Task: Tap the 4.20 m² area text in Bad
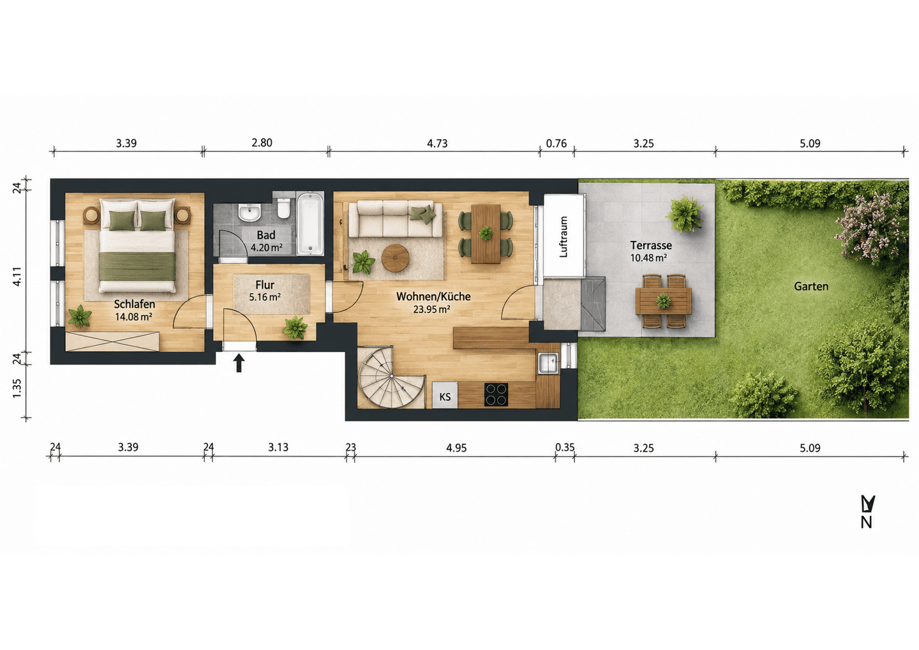click(267, 248)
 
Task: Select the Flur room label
click(265, 285)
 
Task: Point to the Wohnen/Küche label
click(433, 296)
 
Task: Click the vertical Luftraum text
click(564, 237)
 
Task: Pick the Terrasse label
click(651, 245)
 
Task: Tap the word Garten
click(811, 286)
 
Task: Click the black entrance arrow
click(239, 363)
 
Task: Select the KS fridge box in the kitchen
click(445, 396)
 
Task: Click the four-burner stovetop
click(496, 395)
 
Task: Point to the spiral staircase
click(391, 377)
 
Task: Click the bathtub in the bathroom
click(310, 224)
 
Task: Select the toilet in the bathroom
click(283, 208)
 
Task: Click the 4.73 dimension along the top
click(437, 144)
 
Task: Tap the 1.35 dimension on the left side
click(17, 388)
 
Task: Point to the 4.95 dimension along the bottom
click(456, 448)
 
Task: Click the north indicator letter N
click(867, 522)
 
